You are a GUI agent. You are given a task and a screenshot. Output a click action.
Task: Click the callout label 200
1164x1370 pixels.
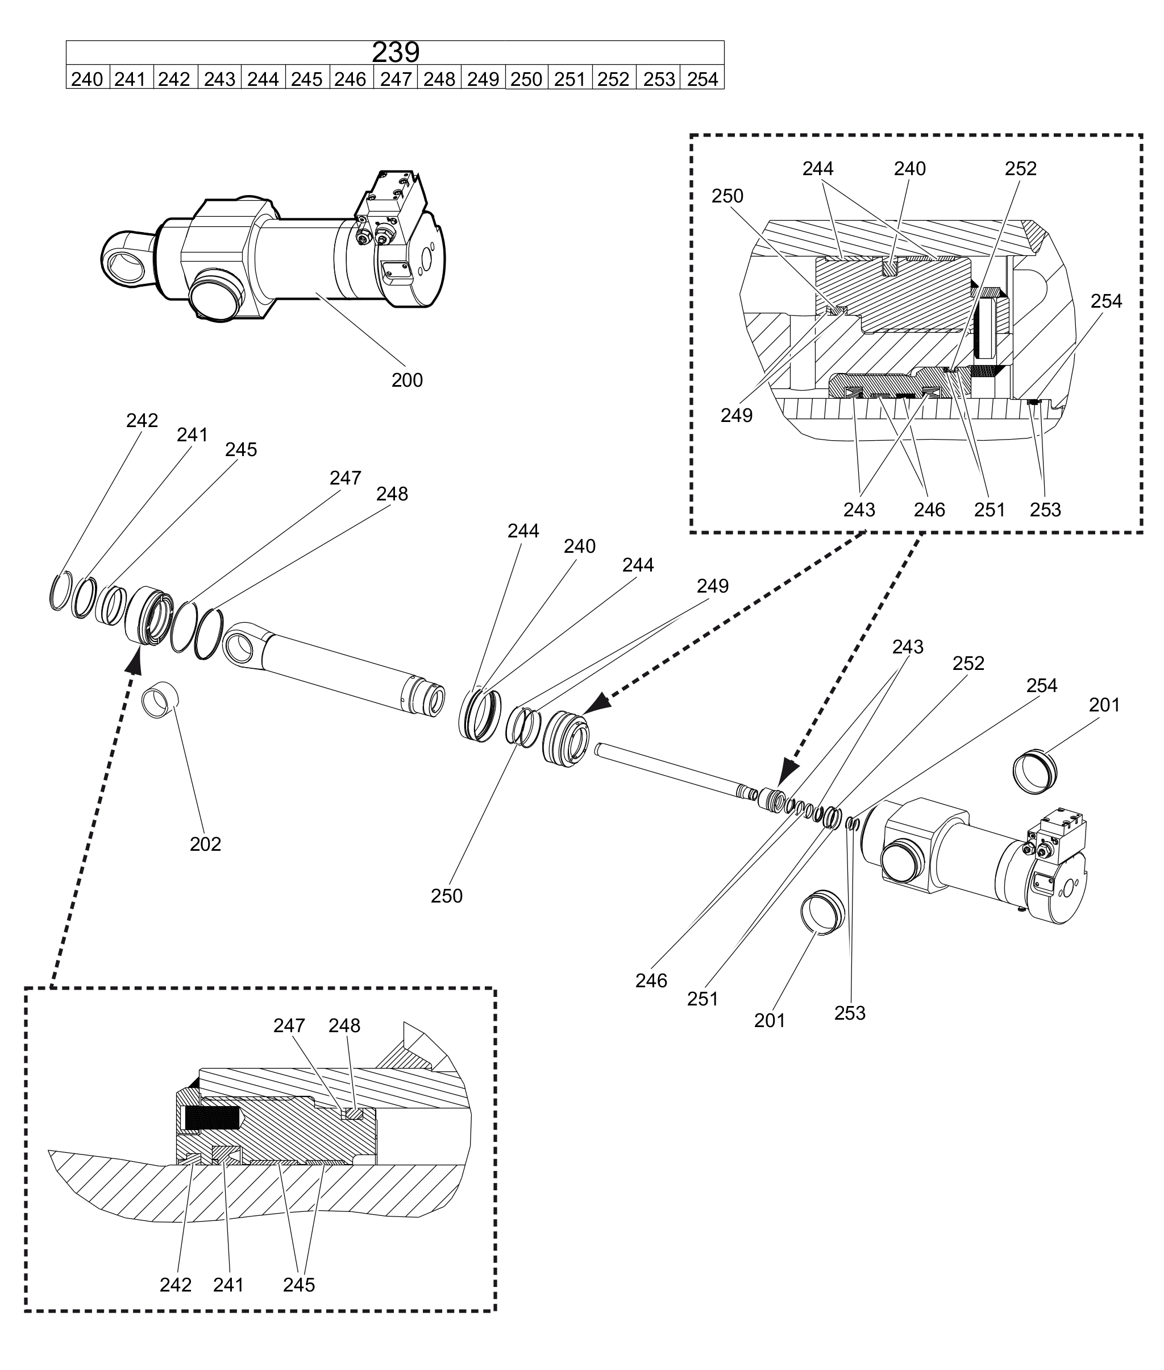pyautogui.click(x=407, y=380)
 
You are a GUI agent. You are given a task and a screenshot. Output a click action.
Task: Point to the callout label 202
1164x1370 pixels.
pyautogui.click(x=205, y=844)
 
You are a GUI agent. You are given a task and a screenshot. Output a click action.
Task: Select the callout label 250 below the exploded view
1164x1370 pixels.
pyautogui.click(x=447, y=896)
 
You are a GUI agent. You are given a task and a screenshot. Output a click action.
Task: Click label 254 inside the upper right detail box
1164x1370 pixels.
pyautogui.click(x=1106, y=301)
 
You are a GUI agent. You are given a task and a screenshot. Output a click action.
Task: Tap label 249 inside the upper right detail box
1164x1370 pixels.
pyautogui.click(x=737, y=415)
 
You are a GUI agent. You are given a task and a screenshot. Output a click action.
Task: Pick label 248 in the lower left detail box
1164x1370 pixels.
pyautogui.click(x=344, y=1025)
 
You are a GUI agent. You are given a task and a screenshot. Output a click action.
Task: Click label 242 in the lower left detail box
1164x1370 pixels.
pyautogui.click(x=176, y=1285)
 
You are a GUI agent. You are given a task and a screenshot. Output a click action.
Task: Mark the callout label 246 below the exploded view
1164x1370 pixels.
pyautogui.click(x=651, y=980)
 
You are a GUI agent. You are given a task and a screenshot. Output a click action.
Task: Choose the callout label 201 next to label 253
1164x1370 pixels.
pyautogui.click(x=770, y=1020)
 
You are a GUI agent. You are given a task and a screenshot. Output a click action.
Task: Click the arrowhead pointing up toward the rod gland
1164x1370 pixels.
pyautogui.click(x=135, y=660)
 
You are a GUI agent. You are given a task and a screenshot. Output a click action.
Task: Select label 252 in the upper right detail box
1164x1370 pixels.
pyautogui.click(x=1021, y=168)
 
